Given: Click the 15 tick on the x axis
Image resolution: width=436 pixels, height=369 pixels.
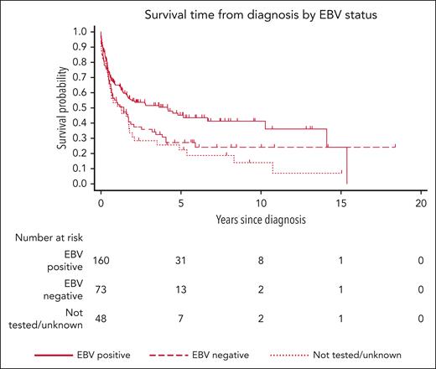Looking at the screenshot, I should pyautogui.click(x=340, y=204).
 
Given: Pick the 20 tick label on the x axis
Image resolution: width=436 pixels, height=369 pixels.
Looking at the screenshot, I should pyautogui.click(x=421, y=204).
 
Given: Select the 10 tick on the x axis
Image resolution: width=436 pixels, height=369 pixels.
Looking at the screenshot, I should pyautogui.click(x=260, y=204).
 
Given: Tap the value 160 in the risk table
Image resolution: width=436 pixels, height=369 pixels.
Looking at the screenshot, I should pyautogui.click(x=101, y=261).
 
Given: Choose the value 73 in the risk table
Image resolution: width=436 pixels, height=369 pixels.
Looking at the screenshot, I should pyautogui.click(x=101, y=291).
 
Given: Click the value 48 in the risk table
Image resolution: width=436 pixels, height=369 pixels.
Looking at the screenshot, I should pyautogui.click(x=101, y=321).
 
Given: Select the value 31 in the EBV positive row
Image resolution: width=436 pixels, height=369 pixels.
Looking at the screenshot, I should pyautogui.click(x=180, y=261).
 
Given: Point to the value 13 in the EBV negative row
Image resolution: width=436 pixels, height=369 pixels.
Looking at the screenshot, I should pyautogui.click(x=180, y=291).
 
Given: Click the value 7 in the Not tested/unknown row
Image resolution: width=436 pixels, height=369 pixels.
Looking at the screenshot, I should pyautogui.click(x=180, y=321).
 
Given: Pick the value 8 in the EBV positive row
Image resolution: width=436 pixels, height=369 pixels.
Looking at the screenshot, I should pyautogui.click(x=260, y=261).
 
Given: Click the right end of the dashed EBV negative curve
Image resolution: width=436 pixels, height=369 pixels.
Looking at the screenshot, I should pyautogui.click(x=394, y=147).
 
